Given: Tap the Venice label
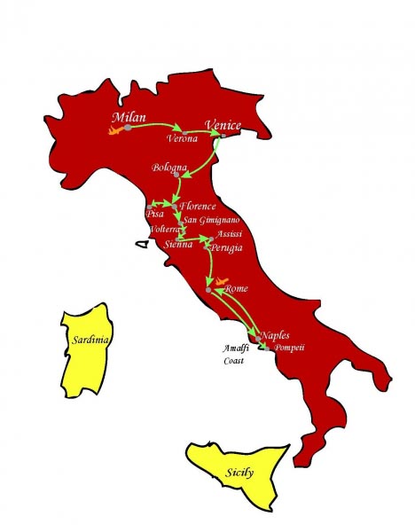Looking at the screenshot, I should (x=223, y=126).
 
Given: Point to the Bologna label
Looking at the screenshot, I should (x=168, y=168).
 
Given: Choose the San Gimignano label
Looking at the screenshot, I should (x=208, y=220).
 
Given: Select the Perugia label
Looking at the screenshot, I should (x=224, y=248).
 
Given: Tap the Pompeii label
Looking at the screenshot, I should (x=289, y=348).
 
